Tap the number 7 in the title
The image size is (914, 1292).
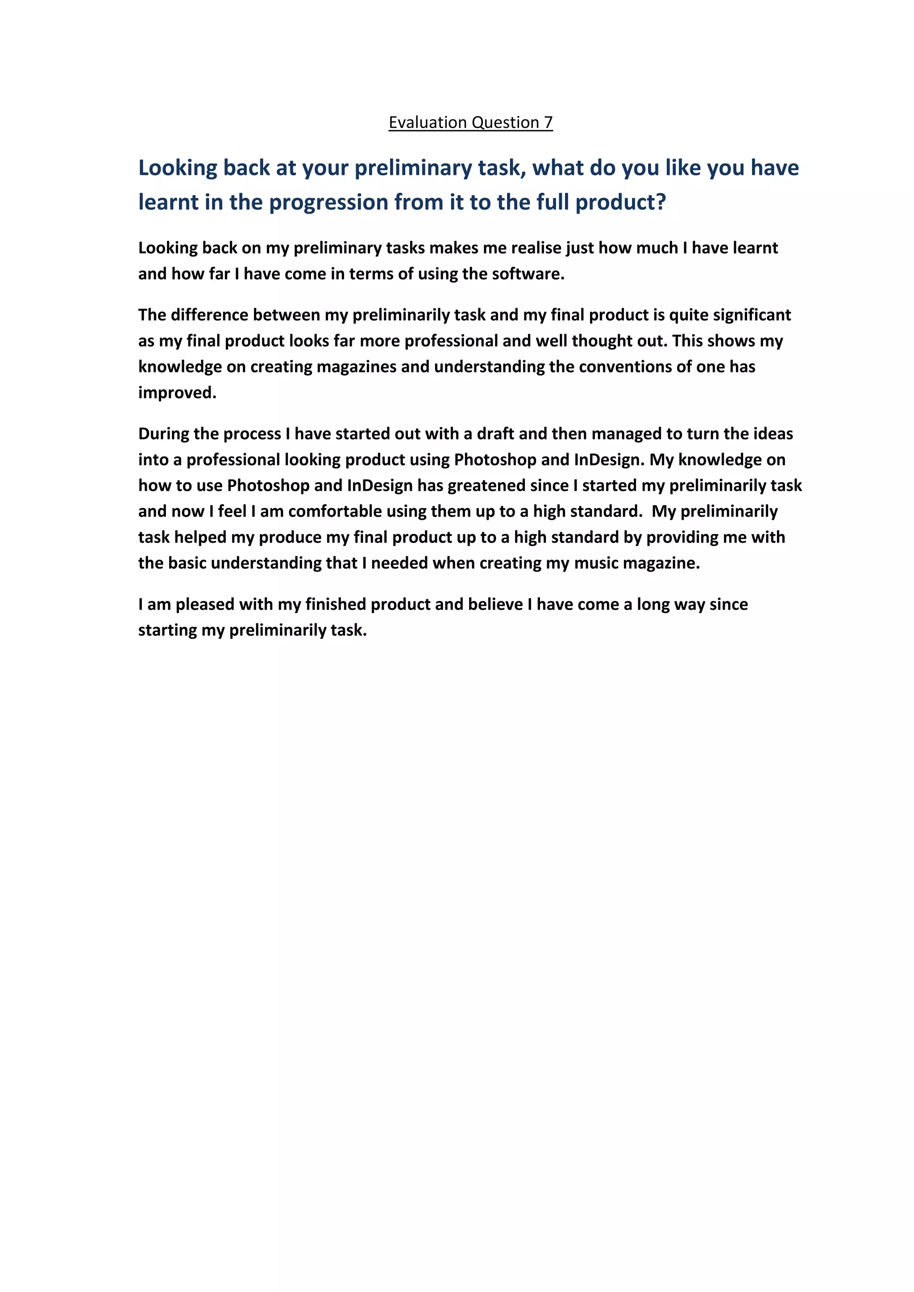(x=548, y=123)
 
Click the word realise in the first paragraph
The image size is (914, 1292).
(x=537, y=248)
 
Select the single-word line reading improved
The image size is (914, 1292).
(x=177, y=393)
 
